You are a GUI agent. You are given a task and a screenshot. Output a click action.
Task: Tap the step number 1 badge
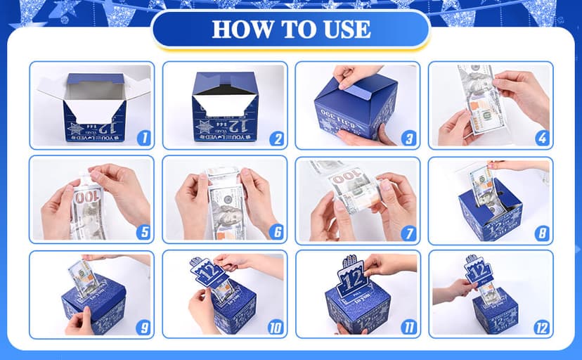click(x=143, y=139)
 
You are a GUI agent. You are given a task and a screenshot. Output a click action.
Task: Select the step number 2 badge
click(x=276, y=139)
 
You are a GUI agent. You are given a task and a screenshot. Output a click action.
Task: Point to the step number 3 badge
click(x=408, y=139)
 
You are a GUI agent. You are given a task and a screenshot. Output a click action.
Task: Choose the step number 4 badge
click(x=542, y=139)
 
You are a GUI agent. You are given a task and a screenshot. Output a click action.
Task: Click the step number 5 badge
click(x=143, y=233)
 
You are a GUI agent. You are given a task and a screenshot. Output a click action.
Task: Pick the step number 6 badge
click(x=276, y=233)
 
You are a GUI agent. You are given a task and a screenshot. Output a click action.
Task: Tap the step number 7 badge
click(x=408, y=233)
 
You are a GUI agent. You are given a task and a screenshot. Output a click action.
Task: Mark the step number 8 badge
click(x=542, y=233)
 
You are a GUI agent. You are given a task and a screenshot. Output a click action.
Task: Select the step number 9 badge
click(x=143, y=327)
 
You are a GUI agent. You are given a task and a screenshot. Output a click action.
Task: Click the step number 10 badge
click(x=275, y=327)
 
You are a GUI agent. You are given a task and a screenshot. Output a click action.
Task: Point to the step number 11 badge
click(x=408, y=327)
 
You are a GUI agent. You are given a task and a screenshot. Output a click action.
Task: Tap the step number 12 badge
click(x=541, y=327)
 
